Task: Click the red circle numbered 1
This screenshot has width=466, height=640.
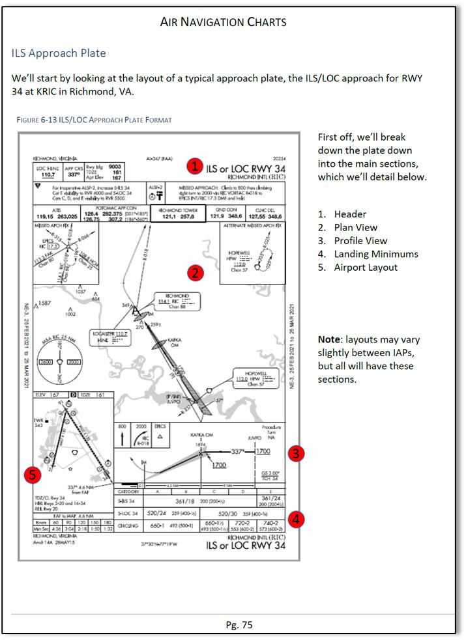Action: [x=194, y=166]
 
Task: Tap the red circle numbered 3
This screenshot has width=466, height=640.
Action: [x=297, y=454]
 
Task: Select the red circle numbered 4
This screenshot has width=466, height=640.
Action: [x=297, y=520]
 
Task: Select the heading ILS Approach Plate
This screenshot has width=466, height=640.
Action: [x=59, y=53]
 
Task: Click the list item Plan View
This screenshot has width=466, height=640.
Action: [x=356, y=227]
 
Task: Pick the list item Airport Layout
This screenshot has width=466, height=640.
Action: [x=365, y=268]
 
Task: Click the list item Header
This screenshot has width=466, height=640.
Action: [x=350, y=214]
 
